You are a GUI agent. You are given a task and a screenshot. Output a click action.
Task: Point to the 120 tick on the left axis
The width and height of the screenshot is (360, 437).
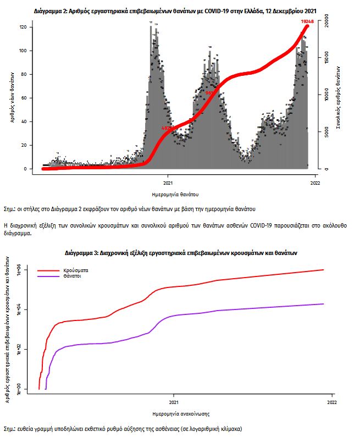click(30, 27)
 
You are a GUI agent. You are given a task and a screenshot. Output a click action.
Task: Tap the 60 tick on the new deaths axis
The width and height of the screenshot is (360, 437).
click(30, 98)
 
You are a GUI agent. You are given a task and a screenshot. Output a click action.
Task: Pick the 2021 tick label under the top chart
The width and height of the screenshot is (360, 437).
click(168, 183)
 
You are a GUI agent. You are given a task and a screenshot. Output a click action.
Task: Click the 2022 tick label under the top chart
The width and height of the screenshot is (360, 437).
click(315, 183)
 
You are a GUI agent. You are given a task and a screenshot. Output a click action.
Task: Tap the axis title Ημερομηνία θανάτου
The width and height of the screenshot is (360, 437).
click(175, 195)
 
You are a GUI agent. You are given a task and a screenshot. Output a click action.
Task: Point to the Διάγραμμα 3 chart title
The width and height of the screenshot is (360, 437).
click(180, 253)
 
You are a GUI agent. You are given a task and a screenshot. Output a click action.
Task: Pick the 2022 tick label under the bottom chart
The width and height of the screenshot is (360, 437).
click(333, 403)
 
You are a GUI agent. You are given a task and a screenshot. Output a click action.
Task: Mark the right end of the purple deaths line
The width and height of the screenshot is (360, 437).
click(324, 304)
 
